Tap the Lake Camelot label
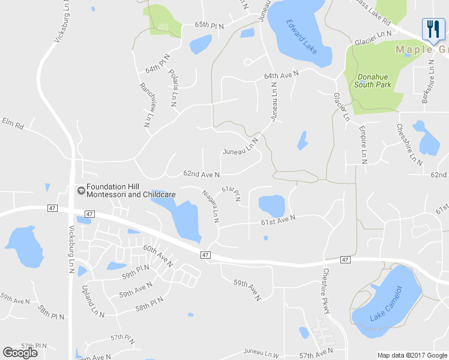pos(386,303)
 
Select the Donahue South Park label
pos(373,80)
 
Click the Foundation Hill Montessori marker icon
pos(80,190)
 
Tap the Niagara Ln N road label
pos(210,207)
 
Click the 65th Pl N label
pos(209,26)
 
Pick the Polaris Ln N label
pos(173,88)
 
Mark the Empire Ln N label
pos(363,144)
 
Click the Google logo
pos(20,352)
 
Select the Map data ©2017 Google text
pos(412,355)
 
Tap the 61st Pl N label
pos(231,194)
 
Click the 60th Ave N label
pos(158,256)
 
